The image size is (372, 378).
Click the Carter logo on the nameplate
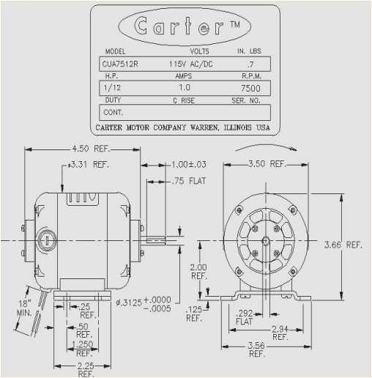[179, 27]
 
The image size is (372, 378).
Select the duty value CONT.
[113, 113]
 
